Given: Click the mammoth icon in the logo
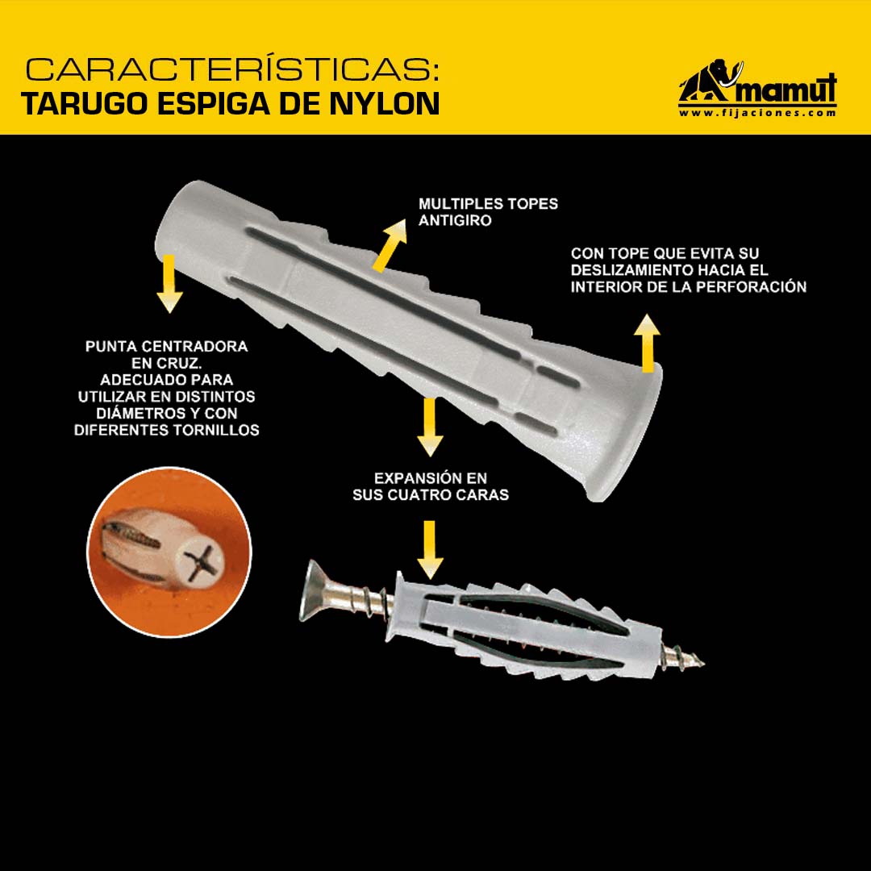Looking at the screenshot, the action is (x=711, y=81).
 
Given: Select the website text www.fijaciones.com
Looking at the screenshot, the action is (x=757, y=114).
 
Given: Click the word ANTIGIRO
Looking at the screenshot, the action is (x=455, y=220).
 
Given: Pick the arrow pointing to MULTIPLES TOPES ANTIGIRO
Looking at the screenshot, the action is (x=390, y=245).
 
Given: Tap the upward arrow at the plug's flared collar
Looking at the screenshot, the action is (x=647, y=343).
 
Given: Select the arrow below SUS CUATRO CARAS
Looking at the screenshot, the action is (x=430, y=550).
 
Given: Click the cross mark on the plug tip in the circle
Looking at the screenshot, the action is (x=202, y=563).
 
